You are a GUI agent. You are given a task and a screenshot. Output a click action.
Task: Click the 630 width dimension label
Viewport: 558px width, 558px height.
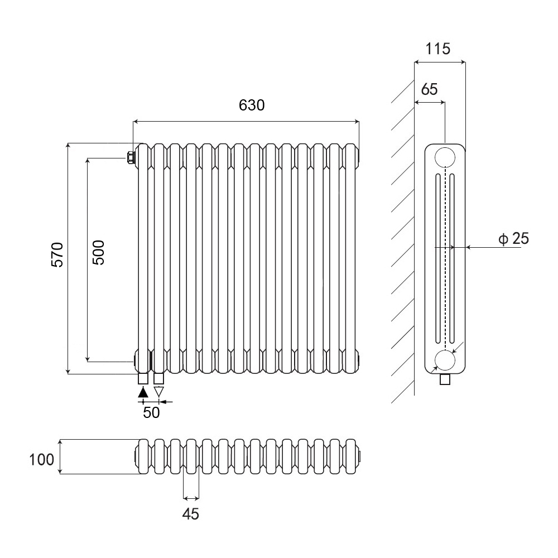[x=251, y=105]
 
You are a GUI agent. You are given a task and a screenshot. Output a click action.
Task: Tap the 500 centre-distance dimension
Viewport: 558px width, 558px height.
[x=98, y=252]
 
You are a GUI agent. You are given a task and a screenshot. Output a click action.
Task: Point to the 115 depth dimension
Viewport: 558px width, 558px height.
[x=437, y=49]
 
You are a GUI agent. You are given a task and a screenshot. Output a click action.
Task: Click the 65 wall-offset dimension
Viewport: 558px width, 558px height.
[x=430, y=89]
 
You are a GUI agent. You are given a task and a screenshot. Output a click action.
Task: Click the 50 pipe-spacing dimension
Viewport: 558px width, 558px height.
[x=151, y=412]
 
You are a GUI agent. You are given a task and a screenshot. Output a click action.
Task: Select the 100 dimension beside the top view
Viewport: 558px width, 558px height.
[x=42, y=460]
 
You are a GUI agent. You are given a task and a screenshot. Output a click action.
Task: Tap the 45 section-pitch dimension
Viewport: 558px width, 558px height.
[x=191, y=513]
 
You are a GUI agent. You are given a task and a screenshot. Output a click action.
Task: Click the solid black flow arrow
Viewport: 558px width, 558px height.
[x=143, y=392]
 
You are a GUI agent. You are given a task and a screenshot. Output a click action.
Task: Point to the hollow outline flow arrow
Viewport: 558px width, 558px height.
[x=159, y=392]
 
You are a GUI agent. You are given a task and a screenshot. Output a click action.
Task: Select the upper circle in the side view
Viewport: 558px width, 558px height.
[x=445, y=157]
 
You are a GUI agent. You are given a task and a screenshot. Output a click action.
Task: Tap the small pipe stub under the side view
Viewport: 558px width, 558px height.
[x=445, y=379]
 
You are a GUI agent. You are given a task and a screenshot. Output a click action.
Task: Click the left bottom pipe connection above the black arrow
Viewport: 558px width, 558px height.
[x=143, y=379]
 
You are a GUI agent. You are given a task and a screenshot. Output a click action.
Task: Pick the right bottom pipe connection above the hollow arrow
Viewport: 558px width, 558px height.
[x=159, y=379]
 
